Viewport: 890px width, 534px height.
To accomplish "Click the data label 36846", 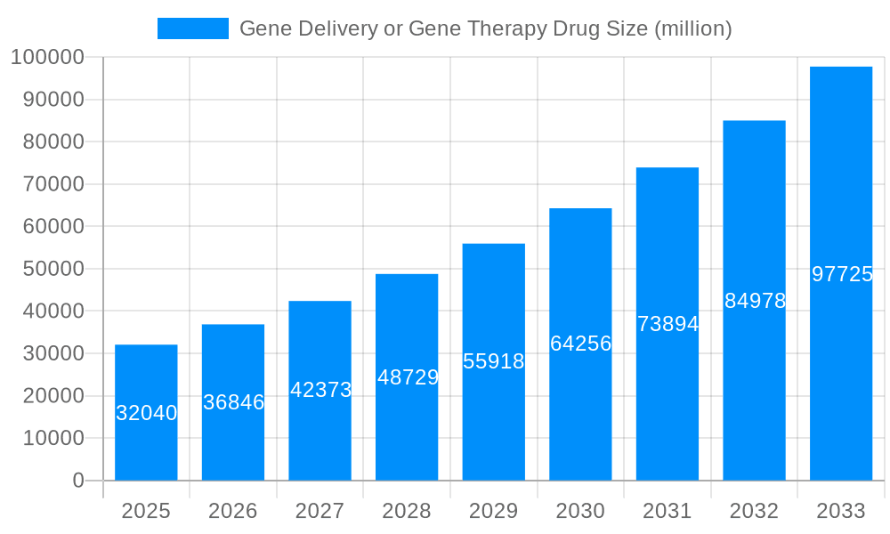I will click(x=233, y=402).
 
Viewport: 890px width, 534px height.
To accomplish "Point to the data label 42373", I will click(x=320, y=390).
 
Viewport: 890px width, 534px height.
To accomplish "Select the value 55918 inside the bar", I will click(x=494, y=361).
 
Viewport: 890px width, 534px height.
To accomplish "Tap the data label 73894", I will click(x=667, y=324).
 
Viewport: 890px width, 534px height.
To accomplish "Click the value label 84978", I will click(x=755, y=301).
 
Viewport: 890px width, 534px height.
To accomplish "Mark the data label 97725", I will click(x=842, y=274).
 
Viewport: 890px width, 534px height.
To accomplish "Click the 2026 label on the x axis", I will click(x=233, y=512).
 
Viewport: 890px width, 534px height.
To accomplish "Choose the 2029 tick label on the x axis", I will click(x=494, y=512).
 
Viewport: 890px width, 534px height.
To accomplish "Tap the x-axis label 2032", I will click(x=754, y=512).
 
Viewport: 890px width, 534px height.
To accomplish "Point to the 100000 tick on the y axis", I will click(x=46, y=58).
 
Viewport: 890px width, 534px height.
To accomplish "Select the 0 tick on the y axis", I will click(x=78, y=481).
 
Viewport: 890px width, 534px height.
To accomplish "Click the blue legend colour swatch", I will click(x=193, y=28).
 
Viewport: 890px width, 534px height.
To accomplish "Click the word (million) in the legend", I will click(x=692, y=29).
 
